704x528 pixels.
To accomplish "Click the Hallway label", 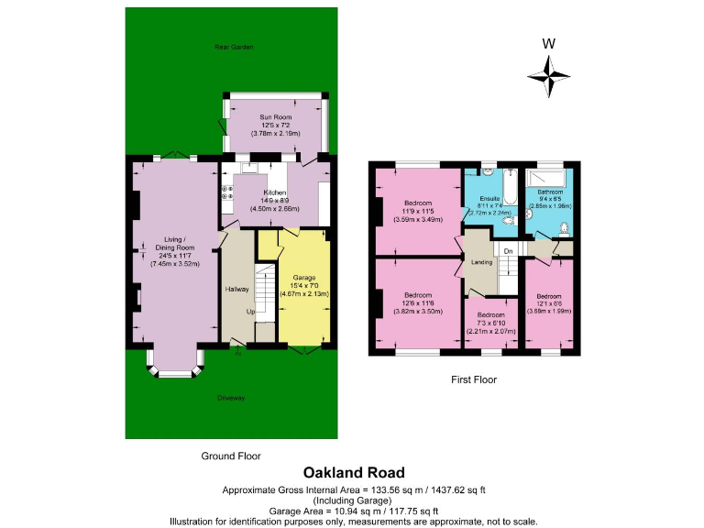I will [x=236, y=290].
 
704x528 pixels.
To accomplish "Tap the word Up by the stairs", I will [x=250, y=311].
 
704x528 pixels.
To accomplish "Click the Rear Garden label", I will [x=234, y=47].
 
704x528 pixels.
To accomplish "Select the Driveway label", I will [x=231, y=398].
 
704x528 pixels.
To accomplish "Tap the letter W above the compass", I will [x=548, y=42].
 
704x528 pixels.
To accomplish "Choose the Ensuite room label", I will [x=489, y=198].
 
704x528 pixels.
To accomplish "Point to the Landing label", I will [x=481, y=263].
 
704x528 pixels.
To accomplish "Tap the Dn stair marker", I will [x=506, y=250].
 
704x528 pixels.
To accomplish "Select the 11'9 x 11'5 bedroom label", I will [x=417, y=203].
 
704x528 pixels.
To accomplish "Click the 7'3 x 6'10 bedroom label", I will [x=490, y=315].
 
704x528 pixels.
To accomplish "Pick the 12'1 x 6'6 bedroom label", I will [x=549, y=296].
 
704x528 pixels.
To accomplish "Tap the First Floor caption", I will [x=474, y=379].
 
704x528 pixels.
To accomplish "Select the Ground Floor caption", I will [x=230, y=456].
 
